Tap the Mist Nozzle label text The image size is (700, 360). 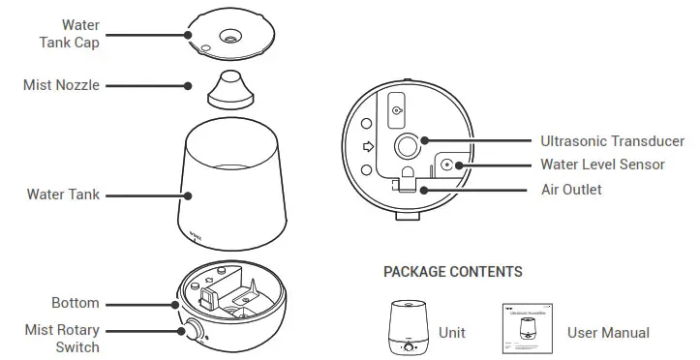(62, 85)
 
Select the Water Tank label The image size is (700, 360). (63, 195)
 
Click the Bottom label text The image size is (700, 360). (75, 303)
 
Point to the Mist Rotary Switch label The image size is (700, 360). (62, 338)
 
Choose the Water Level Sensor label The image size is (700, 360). (602, 165)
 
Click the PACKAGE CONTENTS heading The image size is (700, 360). (452, 272)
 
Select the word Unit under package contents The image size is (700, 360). (452, 332)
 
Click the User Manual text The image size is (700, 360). (608, 332)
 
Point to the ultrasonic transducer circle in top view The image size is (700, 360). (405, 146)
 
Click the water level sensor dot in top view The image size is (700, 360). (446, 165)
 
